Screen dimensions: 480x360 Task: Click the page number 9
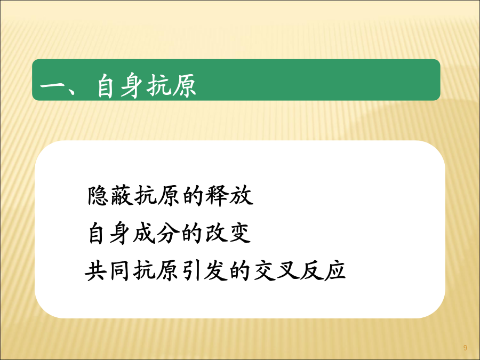point(465,348)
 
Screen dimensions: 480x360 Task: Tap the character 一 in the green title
point(51,86)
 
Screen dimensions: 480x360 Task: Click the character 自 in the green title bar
point(105,85)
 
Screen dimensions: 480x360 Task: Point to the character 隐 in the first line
point(98,195)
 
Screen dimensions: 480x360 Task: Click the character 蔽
point(122,195)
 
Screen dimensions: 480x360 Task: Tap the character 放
point(242,195)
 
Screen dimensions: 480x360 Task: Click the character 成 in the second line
point(144,233)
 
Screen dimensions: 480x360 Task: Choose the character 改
point(216,233)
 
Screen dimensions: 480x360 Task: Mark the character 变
point(239,233)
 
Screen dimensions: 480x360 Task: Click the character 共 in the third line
point(96,271)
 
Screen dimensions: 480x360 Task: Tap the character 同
point(119,271)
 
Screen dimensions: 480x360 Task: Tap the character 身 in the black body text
point(121,233)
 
